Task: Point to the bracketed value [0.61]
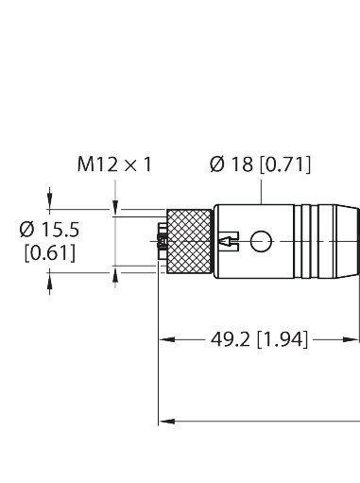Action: [49, 252]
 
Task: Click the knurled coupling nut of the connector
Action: [189, 241]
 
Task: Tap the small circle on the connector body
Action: [259, 242]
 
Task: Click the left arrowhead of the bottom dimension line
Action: [163, 419]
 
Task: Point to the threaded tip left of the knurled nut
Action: [161, 242]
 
